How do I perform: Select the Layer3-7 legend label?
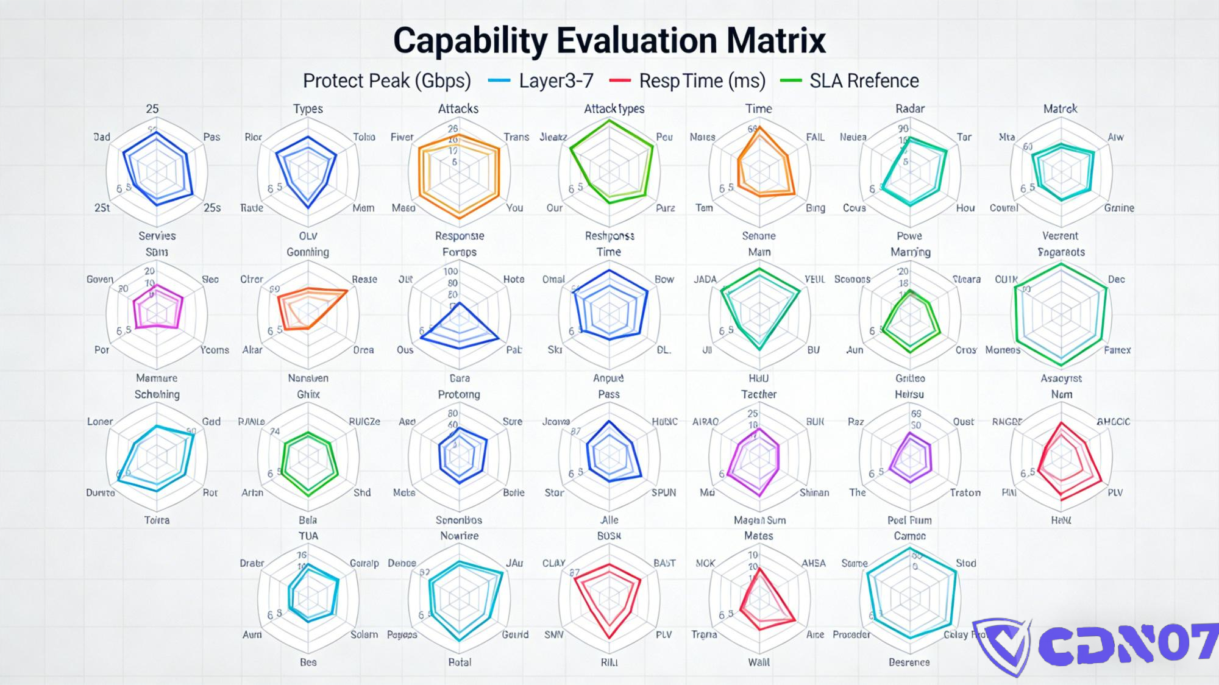[556, 81]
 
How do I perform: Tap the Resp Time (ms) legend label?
[702, 81]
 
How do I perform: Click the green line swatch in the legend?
[791, 80]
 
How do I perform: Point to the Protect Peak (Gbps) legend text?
[387, 81]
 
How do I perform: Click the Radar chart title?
[910, 108]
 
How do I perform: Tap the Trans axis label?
[516, 137]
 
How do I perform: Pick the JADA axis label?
[705, 279]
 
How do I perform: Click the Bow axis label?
[664, 279]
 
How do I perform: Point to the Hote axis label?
[513, 279]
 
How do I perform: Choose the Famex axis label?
[1117, 350]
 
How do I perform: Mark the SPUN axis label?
[663, 492]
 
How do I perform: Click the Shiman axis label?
[814, 492]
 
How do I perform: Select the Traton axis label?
[965, 492]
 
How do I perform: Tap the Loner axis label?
[100, 421]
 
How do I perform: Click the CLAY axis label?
[554, 563]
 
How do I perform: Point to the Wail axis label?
[759, 662]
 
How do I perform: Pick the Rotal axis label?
[460, 662]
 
